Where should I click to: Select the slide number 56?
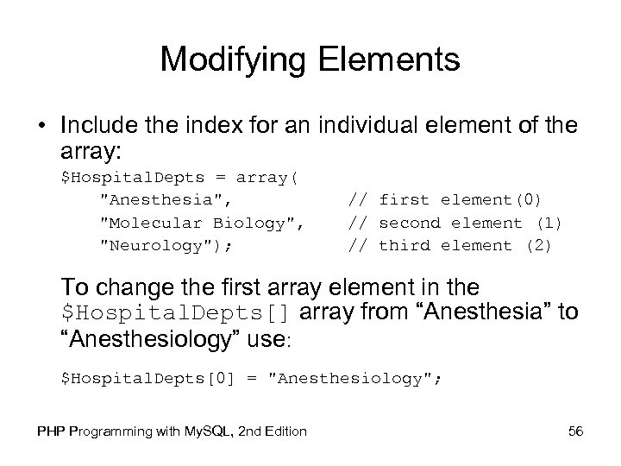575,431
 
